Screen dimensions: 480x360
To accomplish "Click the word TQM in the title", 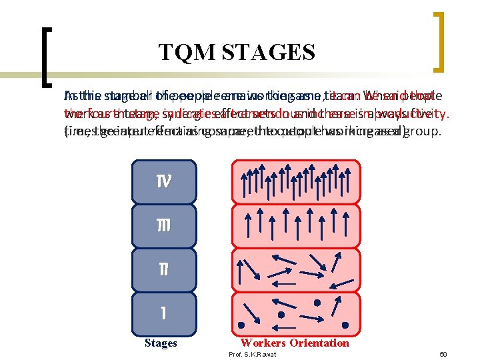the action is point(182,52).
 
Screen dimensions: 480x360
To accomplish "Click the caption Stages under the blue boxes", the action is point(161,343).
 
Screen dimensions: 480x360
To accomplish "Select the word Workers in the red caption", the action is point(263,343).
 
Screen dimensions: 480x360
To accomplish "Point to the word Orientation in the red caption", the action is point(318,343).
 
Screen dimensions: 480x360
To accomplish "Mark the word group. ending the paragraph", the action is point(425,131).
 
